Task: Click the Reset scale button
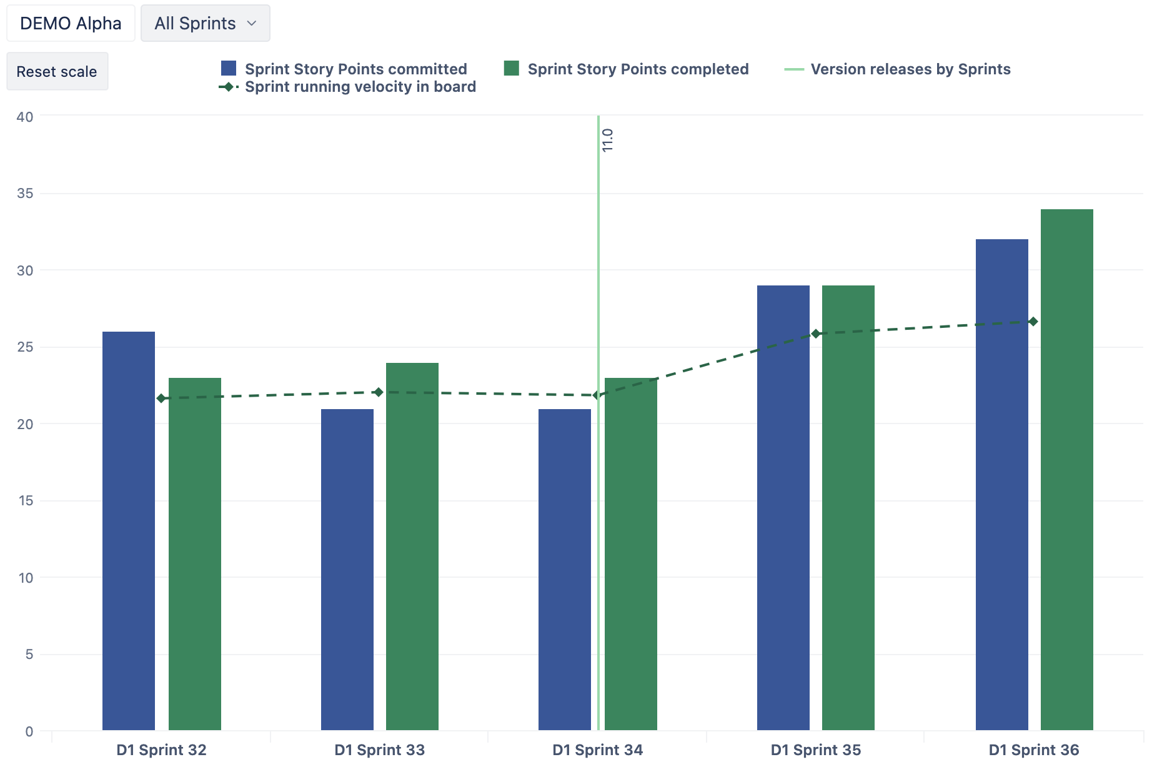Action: click(x=57, y=71)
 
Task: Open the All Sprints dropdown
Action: click(x=205, y=23)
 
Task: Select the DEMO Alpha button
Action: click(x=71, y=23)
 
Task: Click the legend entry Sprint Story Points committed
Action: click(x=344, y=69)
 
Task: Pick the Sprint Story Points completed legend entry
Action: click(x=627, y=69)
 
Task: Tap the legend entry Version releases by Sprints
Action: click(x=898, y=69)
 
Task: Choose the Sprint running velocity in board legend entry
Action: click(x=347, y=87)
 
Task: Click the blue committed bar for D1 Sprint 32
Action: click(x=129, y=531)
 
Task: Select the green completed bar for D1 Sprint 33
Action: click(x=412, y=547)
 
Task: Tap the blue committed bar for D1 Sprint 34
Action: click(x=565, y=570)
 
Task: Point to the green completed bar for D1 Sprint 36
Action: click(x=1067, y=470)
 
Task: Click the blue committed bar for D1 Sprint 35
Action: click(x=783, y=508)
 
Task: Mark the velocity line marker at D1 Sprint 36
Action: click(x=1033, y=322)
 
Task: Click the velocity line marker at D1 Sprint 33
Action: click(x=379, y=392)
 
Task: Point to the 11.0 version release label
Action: click(x=607, y=140)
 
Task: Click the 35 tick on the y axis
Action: click(x=25, y=194)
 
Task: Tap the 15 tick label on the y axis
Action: click(x=25, y=501)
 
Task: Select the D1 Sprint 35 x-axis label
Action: click(x=816, y=750)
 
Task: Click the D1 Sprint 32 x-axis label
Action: click(x=161, y=750)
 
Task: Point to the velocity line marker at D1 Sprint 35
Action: click(x=816, y=334)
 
